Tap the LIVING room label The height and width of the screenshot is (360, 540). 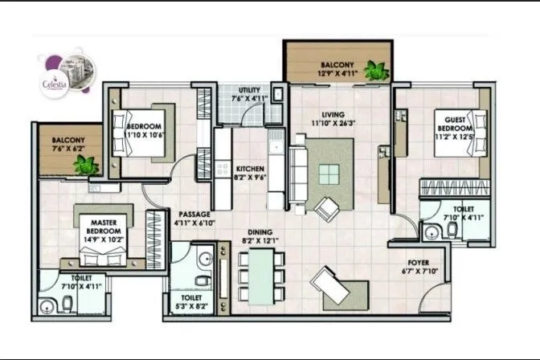pos(329,116)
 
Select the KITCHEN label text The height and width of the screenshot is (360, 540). pos(250,166)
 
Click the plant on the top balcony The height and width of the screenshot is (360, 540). pos(375,70)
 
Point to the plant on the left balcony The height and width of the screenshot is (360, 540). pos(84,165)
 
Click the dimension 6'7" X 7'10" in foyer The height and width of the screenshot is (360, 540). pos(419,271)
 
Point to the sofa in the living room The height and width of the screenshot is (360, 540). pos(296,172)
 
